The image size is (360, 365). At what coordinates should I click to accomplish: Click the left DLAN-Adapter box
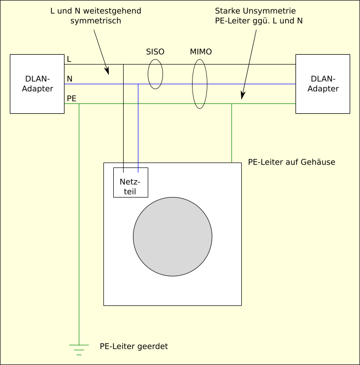(x=37, y=84)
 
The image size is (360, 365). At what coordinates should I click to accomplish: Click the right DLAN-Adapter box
(x=323, y=84)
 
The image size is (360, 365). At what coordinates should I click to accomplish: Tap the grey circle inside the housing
(x=172, y=236)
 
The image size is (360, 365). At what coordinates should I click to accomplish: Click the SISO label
(x=155, y=52)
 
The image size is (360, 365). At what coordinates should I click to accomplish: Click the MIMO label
(x=201, y=52)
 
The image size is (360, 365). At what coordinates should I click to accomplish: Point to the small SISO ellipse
(x=155, y=74)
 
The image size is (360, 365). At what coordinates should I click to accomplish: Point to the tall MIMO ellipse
(x=199, y=84)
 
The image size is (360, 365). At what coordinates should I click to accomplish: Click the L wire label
(x=69, y=59)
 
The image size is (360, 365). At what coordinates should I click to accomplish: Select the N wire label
(x=69, y=79)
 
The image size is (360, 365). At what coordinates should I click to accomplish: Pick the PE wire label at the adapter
(x=71, y=99)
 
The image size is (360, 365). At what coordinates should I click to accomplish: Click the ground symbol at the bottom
(x=79, y=349)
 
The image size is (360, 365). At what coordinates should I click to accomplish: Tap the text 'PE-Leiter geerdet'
(x=133, y=346)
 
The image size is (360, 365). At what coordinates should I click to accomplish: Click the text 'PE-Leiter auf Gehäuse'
(x=292, y=162)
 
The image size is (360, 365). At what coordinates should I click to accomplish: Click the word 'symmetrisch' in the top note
(x=96, y=21)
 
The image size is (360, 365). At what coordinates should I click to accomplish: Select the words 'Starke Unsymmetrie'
(x=255, y=10)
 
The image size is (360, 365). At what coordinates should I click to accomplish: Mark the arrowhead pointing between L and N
(x=107, y=71)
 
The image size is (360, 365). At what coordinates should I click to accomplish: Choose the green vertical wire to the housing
(x=231, y=133)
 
